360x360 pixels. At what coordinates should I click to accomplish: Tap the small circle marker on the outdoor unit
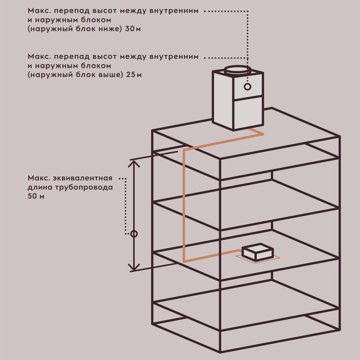pyautogui.click(x=247, y=87)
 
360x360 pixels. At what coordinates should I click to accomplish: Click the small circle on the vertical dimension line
pyautogui.click(x=134, y=234)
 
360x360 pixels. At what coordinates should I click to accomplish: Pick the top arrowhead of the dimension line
pyautogui.click(x=134, y=163)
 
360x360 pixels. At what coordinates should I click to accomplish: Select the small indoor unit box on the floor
pyautogui.click(x=257, y=252)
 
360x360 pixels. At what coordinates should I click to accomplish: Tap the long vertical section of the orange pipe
pyautogui.click(x=184, y=205)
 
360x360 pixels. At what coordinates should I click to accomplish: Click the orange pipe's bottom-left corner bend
pyautogui.click(x=184, y=261)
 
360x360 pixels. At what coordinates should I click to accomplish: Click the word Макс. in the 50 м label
pyautogui.click(x=39, y=178)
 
